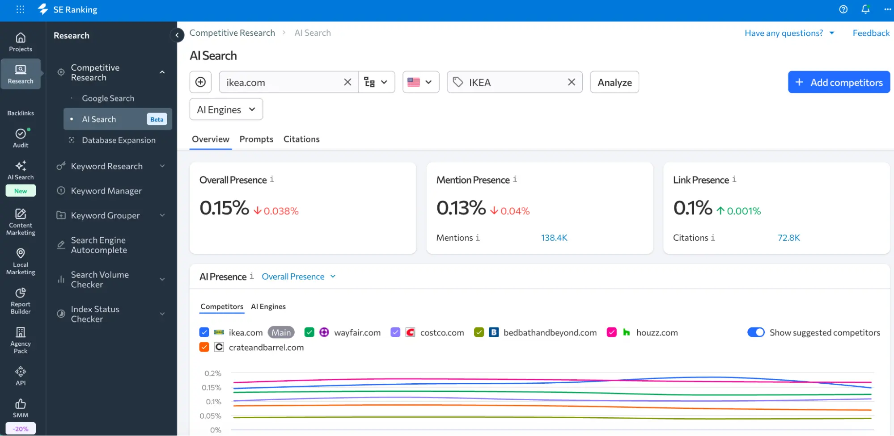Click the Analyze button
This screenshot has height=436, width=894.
point(614,82)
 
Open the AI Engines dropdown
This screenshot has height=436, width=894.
point(226,109)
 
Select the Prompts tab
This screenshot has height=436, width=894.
point(256,139)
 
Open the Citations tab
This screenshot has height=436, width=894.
point(301,139)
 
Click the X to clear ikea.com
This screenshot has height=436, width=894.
point(347,82)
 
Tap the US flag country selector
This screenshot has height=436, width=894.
point(421,82)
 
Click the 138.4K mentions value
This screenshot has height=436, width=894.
point(554,238)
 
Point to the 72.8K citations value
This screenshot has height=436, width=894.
point(789,238)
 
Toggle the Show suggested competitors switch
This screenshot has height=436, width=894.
point(756,332)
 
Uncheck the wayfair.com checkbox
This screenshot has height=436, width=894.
point(309,332)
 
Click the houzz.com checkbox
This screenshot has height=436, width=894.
point(612,332)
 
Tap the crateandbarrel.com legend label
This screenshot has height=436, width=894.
point(266,348)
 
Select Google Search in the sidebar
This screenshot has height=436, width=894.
point(108,98)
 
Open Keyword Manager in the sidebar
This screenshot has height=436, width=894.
point(106,191)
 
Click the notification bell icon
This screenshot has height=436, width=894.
point(866,9)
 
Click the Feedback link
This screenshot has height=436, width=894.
point(871,33)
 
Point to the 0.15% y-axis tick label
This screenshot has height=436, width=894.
point(212,387)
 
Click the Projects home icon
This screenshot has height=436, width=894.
point(21,38)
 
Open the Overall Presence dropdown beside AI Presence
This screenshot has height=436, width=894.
point(298,277)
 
